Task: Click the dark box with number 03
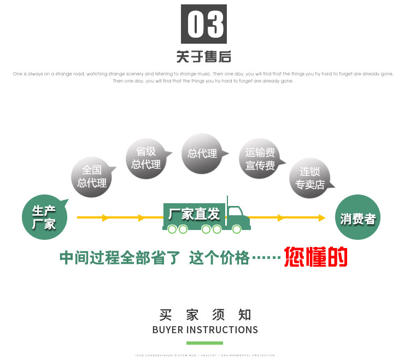pos(204,25)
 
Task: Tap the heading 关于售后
pos(204,56)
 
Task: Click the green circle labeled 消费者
pos(358,218)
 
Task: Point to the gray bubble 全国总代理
pos(91,176)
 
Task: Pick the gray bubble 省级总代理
pos(147,157)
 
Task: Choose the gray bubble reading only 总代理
pos(202,154)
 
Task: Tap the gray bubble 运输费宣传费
pos(260,158)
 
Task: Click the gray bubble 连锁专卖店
pos(310,178)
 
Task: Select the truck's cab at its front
pos(237,216)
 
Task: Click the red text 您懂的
pos(316,257)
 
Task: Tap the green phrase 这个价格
pos(219,258)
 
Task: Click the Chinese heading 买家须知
pos(205,315)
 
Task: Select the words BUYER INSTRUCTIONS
pos(205,330)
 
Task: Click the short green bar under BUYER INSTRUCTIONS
pos(205,343)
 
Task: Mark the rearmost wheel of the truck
pos(172,229)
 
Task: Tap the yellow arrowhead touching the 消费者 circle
pos(323,218)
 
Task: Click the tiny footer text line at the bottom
pos(205,355)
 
